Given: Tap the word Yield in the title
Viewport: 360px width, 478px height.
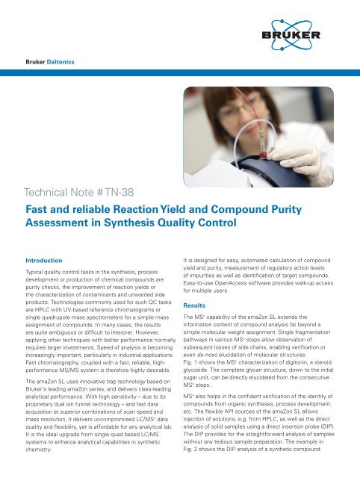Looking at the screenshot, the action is click(x=238, y=210).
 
